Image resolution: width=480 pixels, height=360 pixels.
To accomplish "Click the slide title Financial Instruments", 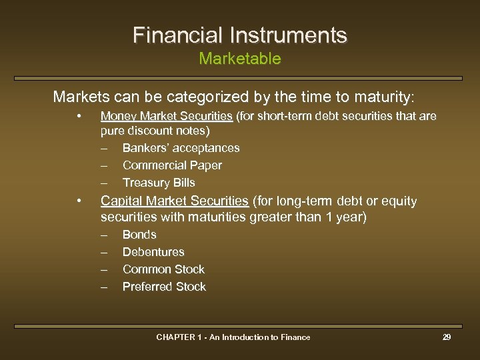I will tap(240, 35).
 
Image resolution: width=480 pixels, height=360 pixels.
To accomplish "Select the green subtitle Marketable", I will tap(240, 59).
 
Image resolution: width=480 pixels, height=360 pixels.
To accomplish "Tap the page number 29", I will tap(447, 337).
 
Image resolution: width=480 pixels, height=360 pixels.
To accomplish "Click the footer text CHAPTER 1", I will tap(178, 337).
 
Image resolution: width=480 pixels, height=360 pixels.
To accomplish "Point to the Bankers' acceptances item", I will tap(181, 148).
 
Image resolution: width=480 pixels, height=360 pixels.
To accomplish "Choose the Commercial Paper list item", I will tap(172, 165).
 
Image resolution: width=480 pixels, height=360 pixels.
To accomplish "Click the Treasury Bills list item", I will tap(159, 183).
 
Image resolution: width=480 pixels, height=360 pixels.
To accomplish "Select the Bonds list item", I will tap(139, 235).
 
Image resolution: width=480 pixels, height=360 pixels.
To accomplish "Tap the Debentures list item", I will tap(153, 252).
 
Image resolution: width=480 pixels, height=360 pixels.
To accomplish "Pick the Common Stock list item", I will tap(163, 269).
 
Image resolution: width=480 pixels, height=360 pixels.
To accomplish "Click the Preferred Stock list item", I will tap(164, 287).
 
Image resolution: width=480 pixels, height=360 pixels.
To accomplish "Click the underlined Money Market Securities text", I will tap(166, 117).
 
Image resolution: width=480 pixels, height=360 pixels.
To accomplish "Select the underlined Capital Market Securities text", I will tap(174, 201).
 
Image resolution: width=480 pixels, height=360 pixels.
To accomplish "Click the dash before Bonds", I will tap(104, 235).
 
